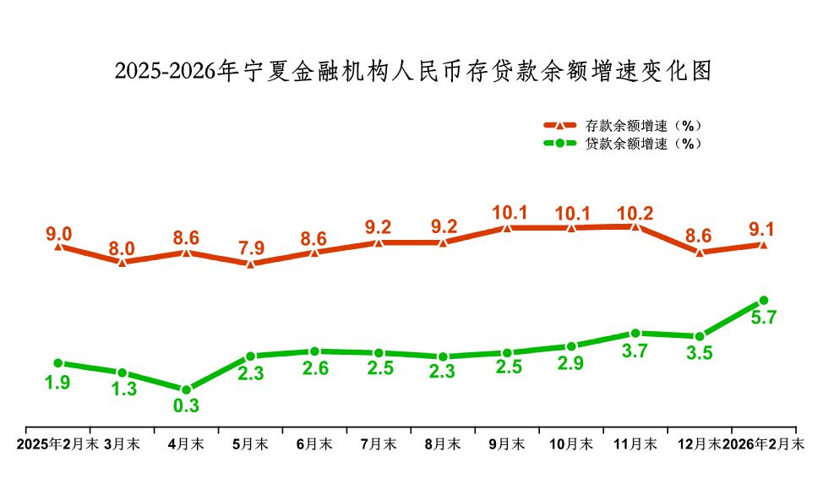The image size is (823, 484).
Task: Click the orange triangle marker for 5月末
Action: click(250, 264)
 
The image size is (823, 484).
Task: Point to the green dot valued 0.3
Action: click(186, 389)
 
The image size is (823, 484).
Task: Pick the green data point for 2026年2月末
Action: click(763, 300)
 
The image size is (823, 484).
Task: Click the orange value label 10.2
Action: click(635, 213)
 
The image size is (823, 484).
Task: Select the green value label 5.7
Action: click(763, 318)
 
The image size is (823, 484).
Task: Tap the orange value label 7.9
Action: click(250, 248)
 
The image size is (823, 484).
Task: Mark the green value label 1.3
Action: click(122, 389)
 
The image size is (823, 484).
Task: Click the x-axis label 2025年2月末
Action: click(57, 443)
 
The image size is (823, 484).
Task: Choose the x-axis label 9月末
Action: click(507, 443)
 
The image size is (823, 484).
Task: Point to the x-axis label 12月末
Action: click(700, 443)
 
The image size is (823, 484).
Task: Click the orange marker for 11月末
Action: click(635, 226)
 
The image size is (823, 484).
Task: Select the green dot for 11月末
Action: click(635, 333)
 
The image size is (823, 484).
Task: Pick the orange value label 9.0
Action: click(57, 232)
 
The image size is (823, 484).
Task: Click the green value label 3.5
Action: click(700, 354)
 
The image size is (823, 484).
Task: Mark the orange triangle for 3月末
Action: click(122, 263)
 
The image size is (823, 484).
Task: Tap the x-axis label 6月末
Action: click(314, 443)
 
